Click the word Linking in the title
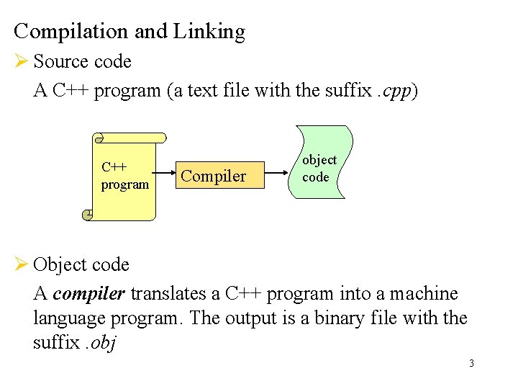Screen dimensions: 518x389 pyautogui.click(x=209, y=32)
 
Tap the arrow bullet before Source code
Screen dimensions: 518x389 pyautogui.click(x=20, y=61)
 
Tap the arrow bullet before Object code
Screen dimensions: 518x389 pyautogui.click(x=20, y=264)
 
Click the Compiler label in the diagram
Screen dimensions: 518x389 pyautogui.click(x=213, y=176)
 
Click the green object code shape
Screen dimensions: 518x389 pyautogui.click(x=319, y=162)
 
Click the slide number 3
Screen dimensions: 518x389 pyautogui.click(x=471, y=363)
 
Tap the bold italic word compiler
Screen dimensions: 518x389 pyautogui.click(x=90, y=294)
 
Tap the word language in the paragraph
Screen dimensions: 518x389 pyautogui.click(x=65, y=318)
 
